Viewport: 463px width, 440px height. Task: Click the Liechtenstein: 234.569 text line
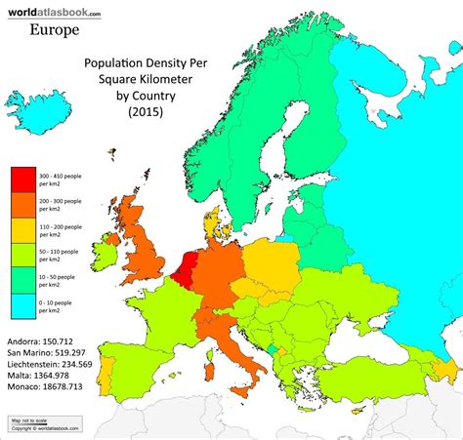click(x=51, y=363)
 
